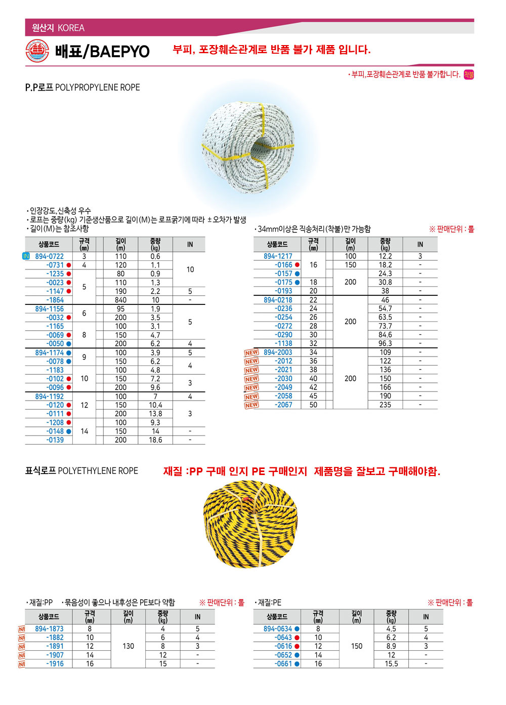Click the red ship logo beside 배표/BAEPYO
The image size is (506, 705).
[x=37, y=51]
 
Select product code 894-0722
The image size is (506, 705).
[x=50, y=256]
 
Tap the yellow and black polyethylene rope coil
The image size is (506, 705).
[x=250, y=524]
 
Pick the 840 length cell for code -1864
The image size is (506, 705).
[x=120, y=300]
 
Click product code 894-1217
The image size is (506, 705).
[x=278, y=256]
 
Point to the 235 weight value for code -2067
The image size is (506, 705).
[x=385, y=405]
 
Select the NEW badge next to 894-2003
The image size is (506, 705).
[x=251, y=352]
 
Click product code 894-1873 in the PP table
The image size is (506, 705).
[x=50, y=629]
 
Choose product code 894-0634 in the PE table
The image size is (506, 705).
[x=278, y=629]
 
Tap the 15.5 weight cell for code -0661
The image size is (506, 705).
[x=391, y=663]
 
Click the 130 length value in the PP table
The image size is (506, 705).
[x=129, y=646]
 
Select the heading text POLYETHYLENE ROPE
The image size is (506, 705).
[x=98, y=471]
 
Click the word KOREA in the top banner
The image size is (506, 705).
[x=71, y=28]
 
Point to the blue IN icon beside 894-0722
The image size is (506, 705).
[x=26, y=256]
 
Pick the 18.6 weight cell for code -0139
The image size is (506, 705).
[x=155, y=440]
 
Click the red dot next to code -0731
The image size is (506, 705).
[x=69, y=265]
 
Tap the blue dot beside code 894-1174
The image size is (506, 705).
[x=69, y=352]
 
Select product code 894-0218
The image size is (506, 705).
[x=278, y=300]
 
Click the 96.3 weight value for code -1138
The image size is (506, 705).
[x=385, y=343]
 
